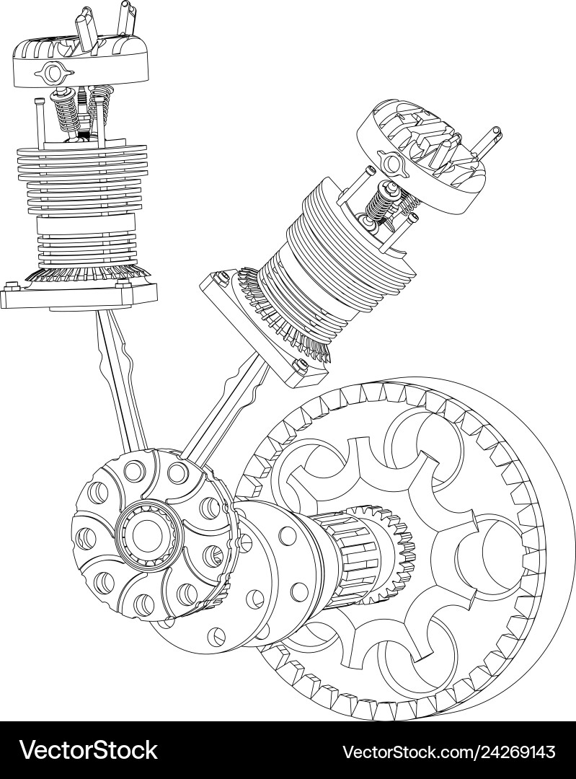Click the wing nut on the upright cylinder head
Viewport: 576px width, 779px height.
tap(53, 72)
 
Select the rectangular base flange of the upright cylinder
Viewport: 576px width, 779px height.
tap(79, 295)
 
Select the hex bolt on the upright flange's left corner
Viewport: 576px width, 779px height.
tap(10, 285)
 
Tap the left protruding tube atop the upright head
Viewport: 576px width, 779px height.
tap(86, 28)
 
